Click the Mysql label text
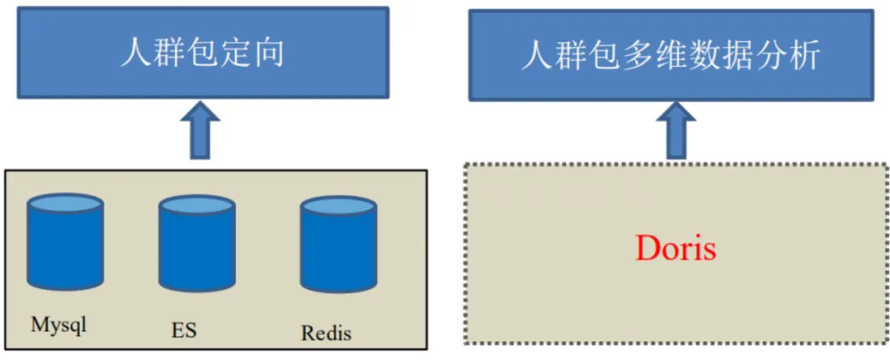[59, 325]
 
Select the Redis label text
[326, 333]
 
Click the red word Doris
[676, 249]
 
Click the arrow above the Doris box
[676, 129]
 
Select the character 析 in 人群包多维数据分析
[806, 56]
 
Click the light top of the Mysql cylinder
[65, 203]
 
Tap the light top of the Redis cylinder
[337, 207]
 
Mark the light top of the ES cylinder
[197, 205]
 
